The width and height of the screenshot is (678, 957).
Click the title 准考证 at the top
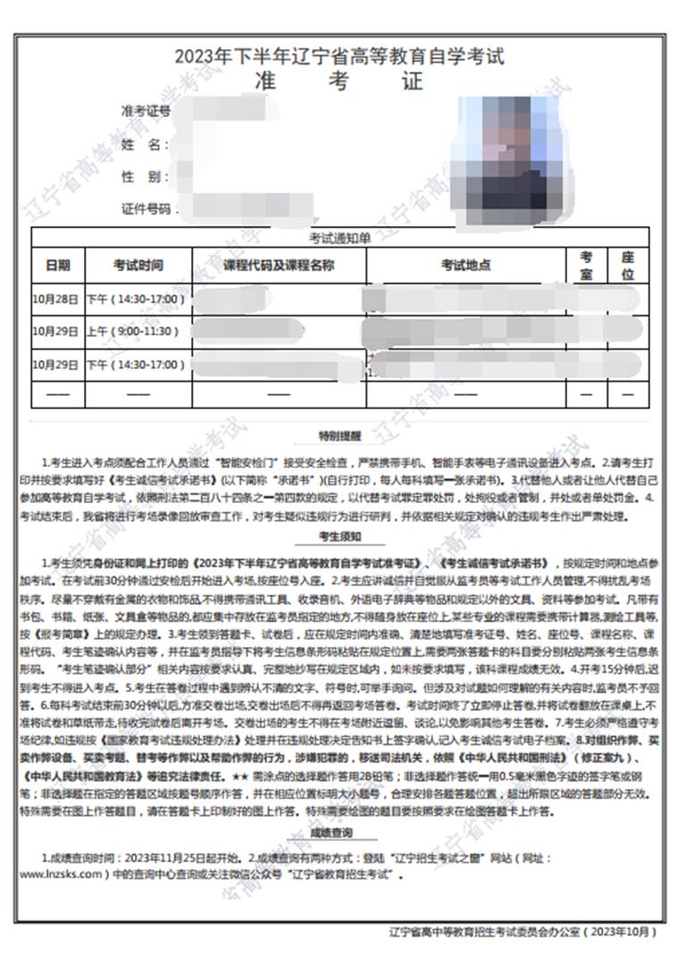(x=339, y=81)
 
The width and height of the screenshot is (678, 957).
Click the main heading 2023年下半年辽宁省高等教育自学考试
(x=339, y=57)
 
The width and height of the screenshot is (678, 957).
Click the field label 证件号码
(x=146, y=209)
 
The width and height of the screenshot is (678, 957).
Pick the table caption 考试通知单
(x=339, y=238)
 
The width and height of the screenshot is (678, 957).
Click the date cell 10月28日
(x=56, y=298)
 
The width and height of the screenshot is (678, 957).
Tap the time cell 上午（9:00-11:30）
(x=136, y=332)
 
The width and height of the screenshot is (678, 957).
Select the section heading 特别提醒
(x=340, y=436)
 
